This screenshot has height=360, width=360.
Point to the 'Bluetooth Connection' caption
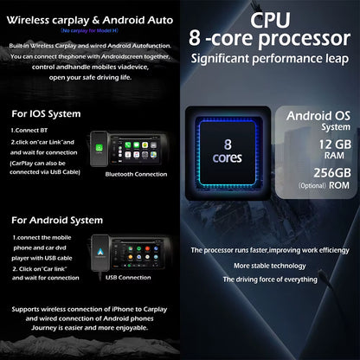coord(136,174)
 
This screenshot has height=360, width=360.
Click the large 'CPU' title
coord(270,18)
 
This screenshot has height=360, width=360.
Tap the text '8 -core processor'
coord(270,40)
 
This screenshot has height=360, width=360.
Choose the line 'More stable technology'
coord(269,266)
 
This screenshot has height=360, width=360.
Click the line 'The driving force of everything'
coord(269,280)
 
